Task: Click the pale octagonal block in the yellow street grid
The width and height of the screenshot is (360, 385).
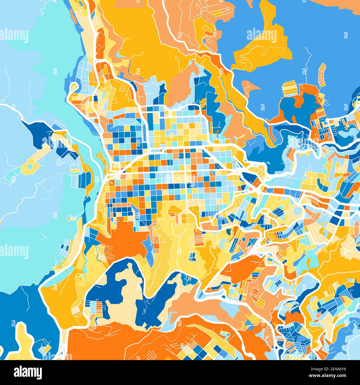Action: (172, 136)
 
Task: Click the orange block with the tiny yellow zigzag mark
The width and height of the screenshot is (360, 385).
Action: (112, 183)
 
